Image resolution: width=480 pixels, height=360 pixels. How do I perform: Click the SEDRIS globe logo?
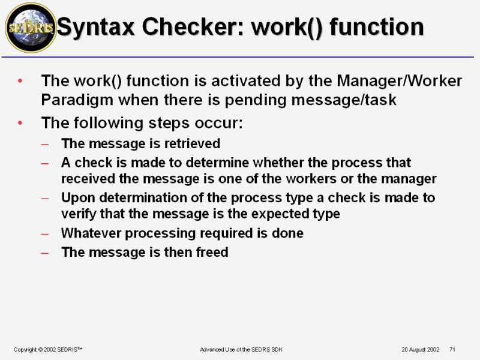click(x=31, y=28)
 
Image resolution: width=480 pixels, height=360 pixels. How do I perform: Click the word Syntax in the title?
click(x=96, y=28)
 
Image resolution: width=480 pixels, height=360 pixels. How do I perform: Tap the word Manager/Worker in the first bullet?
click(x=399, y=81)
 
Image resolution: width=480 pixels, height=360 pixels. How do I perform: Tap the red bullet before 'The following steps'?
click(x=20, y=123)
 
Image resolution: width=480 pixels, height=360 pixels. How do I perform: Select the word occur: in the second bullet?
click(x=218, y=123)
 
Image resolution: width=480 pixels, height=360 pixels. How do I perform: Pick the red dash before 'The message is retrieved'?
click(x=44, y=144)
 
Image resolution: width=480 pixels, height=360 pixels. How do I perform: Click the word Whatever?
click(x=91, y=233)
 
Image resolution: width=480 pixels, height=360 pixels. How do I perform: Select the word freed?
click(x=212, y=252)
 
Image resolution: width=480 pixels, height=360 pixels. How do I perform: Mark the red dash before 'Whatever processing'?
click(x=44, y=234)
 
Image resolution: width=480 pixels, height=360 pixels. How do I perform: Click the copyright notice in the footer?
click(x=48, y=350)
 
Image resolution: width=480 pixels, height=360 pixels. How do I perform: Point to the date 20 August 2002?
click(x=421, y=350)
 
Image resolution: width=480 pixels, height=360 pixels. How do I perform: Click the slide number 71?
click(x=452, y=350)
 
